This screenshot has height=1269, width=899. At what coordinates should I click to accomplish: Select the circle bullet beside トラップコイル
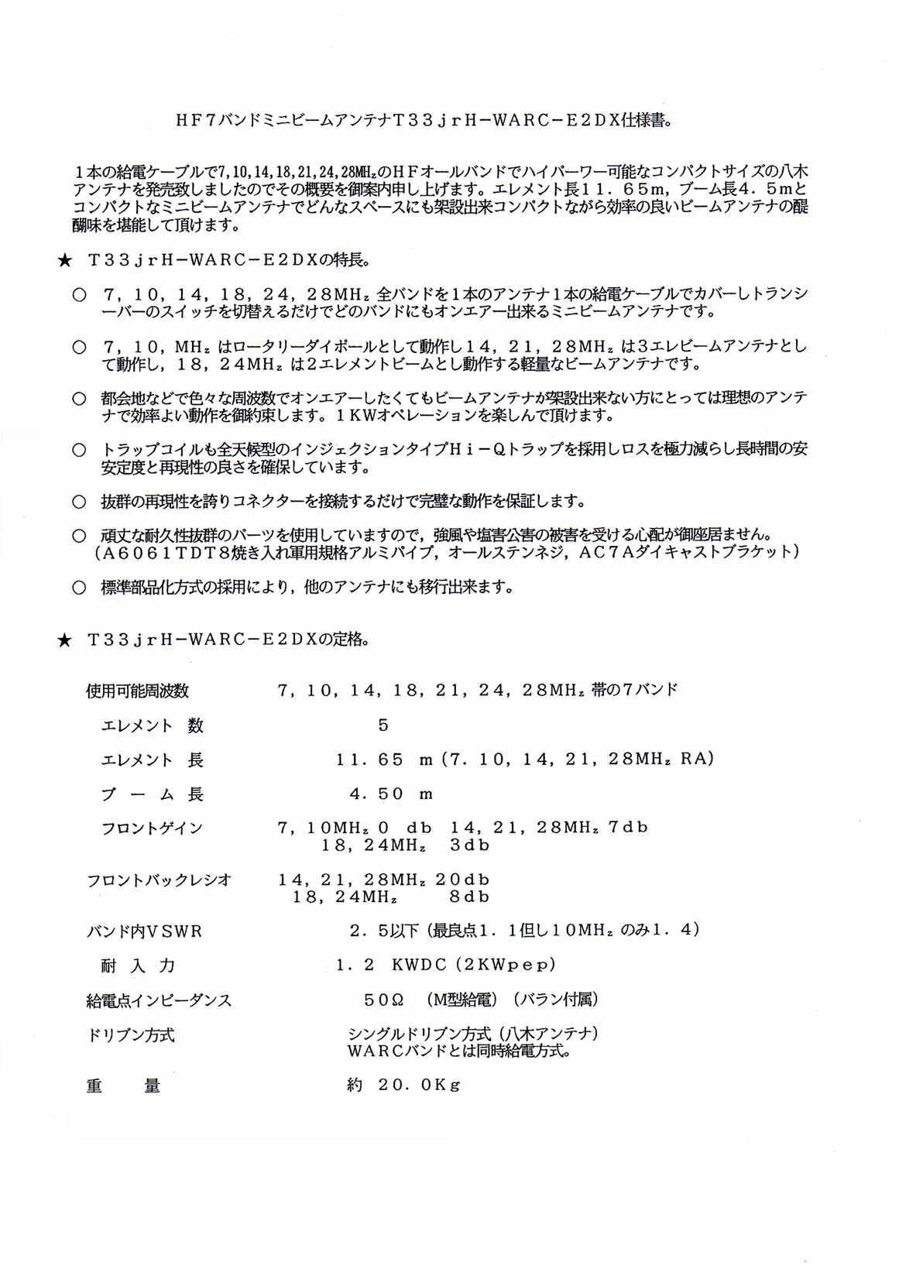(x=79, y=451)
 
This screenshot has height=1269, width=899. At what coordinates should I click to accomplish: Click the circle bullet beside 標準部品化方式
(x=79, y=588)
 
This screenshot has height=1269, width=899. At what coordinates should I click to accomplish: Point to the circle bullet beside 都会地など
(x=79, y=399)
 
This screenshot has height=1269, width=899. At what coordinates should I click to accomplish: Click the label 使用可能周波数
(x=138, y=690)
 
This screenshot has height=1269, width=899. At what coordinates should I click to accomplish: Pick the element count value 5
(x=383, y=725)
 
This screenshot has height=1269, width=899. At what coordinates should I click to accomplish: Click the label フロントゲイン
(x=152, y=828)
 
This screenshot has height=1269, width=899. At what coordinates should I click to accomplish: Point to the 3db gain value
(x=470, y=845)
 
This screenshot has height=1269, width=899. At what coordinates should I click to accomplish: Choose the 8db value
(x=470, y=897)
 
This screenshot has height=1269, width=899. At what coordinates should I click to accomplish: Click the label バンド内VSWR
(x=144, y=931)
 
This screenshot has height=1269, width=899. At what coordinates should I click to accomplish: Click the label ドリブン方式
(x=131, y=1035)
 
